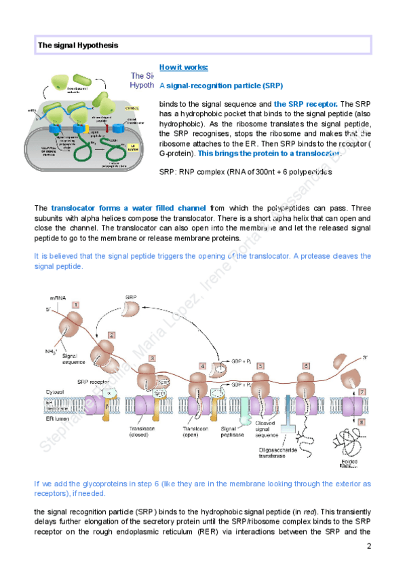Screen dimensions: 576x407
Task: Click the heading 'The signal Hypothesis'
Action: (x=78, y=45)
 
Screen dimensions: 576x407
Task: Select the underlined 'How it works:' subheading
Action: (x=184, y=67)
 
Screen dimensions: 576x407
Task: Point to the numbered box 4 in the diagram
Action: (x=202, y=365)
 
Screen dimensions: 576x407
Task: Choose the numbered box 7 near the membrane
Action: (x=362, y=392)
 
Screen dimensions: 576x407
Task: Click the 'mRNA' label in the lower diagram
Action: (x=58, y=298)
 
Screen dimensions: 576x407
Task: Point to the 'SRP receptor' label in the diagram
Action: (x=93, y=382)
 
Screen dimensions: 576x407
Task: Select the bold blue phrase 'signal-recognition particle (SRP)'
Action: (x=225, y=86)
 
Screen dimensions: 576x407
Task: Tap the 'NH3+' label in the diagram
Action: (x=50, y=351)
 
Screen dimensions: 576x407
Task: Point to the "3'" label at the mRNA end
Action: (x=364, y=357)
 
